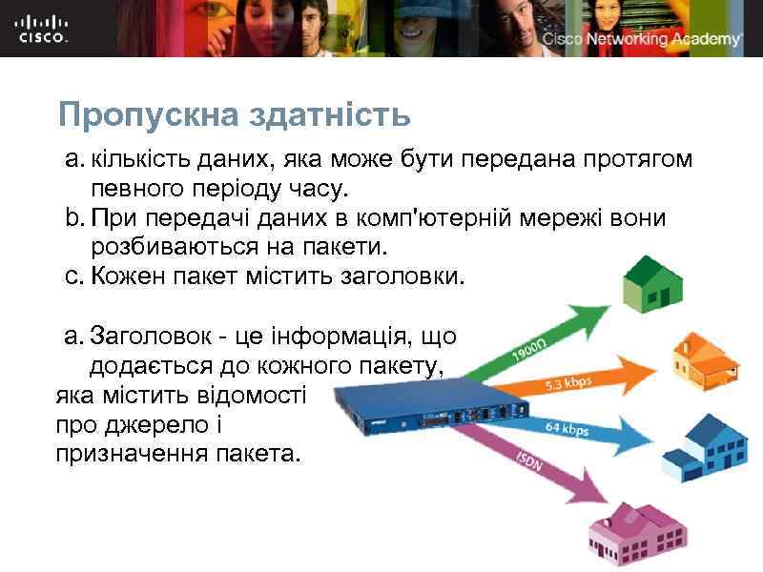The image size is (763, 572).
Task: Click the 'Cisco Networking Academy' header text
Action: click(x=642, y=39)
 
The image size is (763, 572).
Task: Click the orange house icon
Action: click(x=705, y=358)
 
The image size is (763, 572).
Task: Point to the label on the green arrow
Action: click(x=530, y=351)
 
